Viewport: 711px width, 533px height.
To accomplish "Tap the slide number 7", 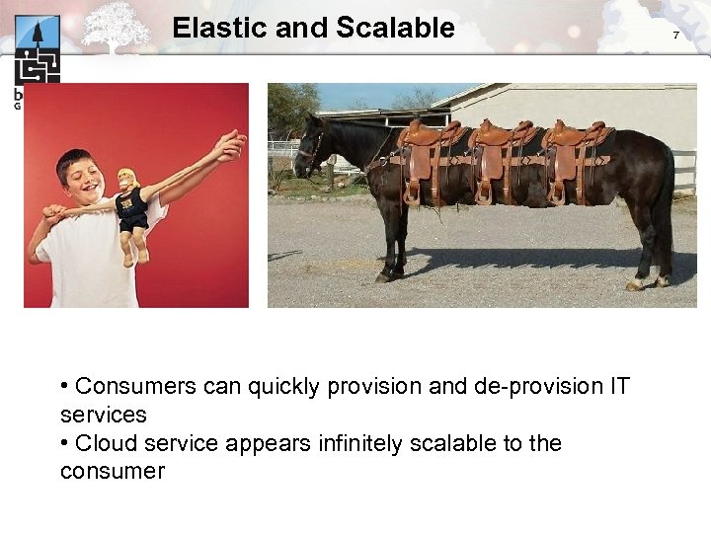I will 676,36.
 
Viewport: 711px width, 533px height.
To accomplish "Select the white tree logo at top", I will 117,25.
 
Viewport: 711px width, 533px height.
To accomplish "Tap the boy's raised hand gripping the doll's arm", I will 228,146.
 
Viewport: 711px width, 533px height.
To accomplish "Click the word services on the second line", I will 103,415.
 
